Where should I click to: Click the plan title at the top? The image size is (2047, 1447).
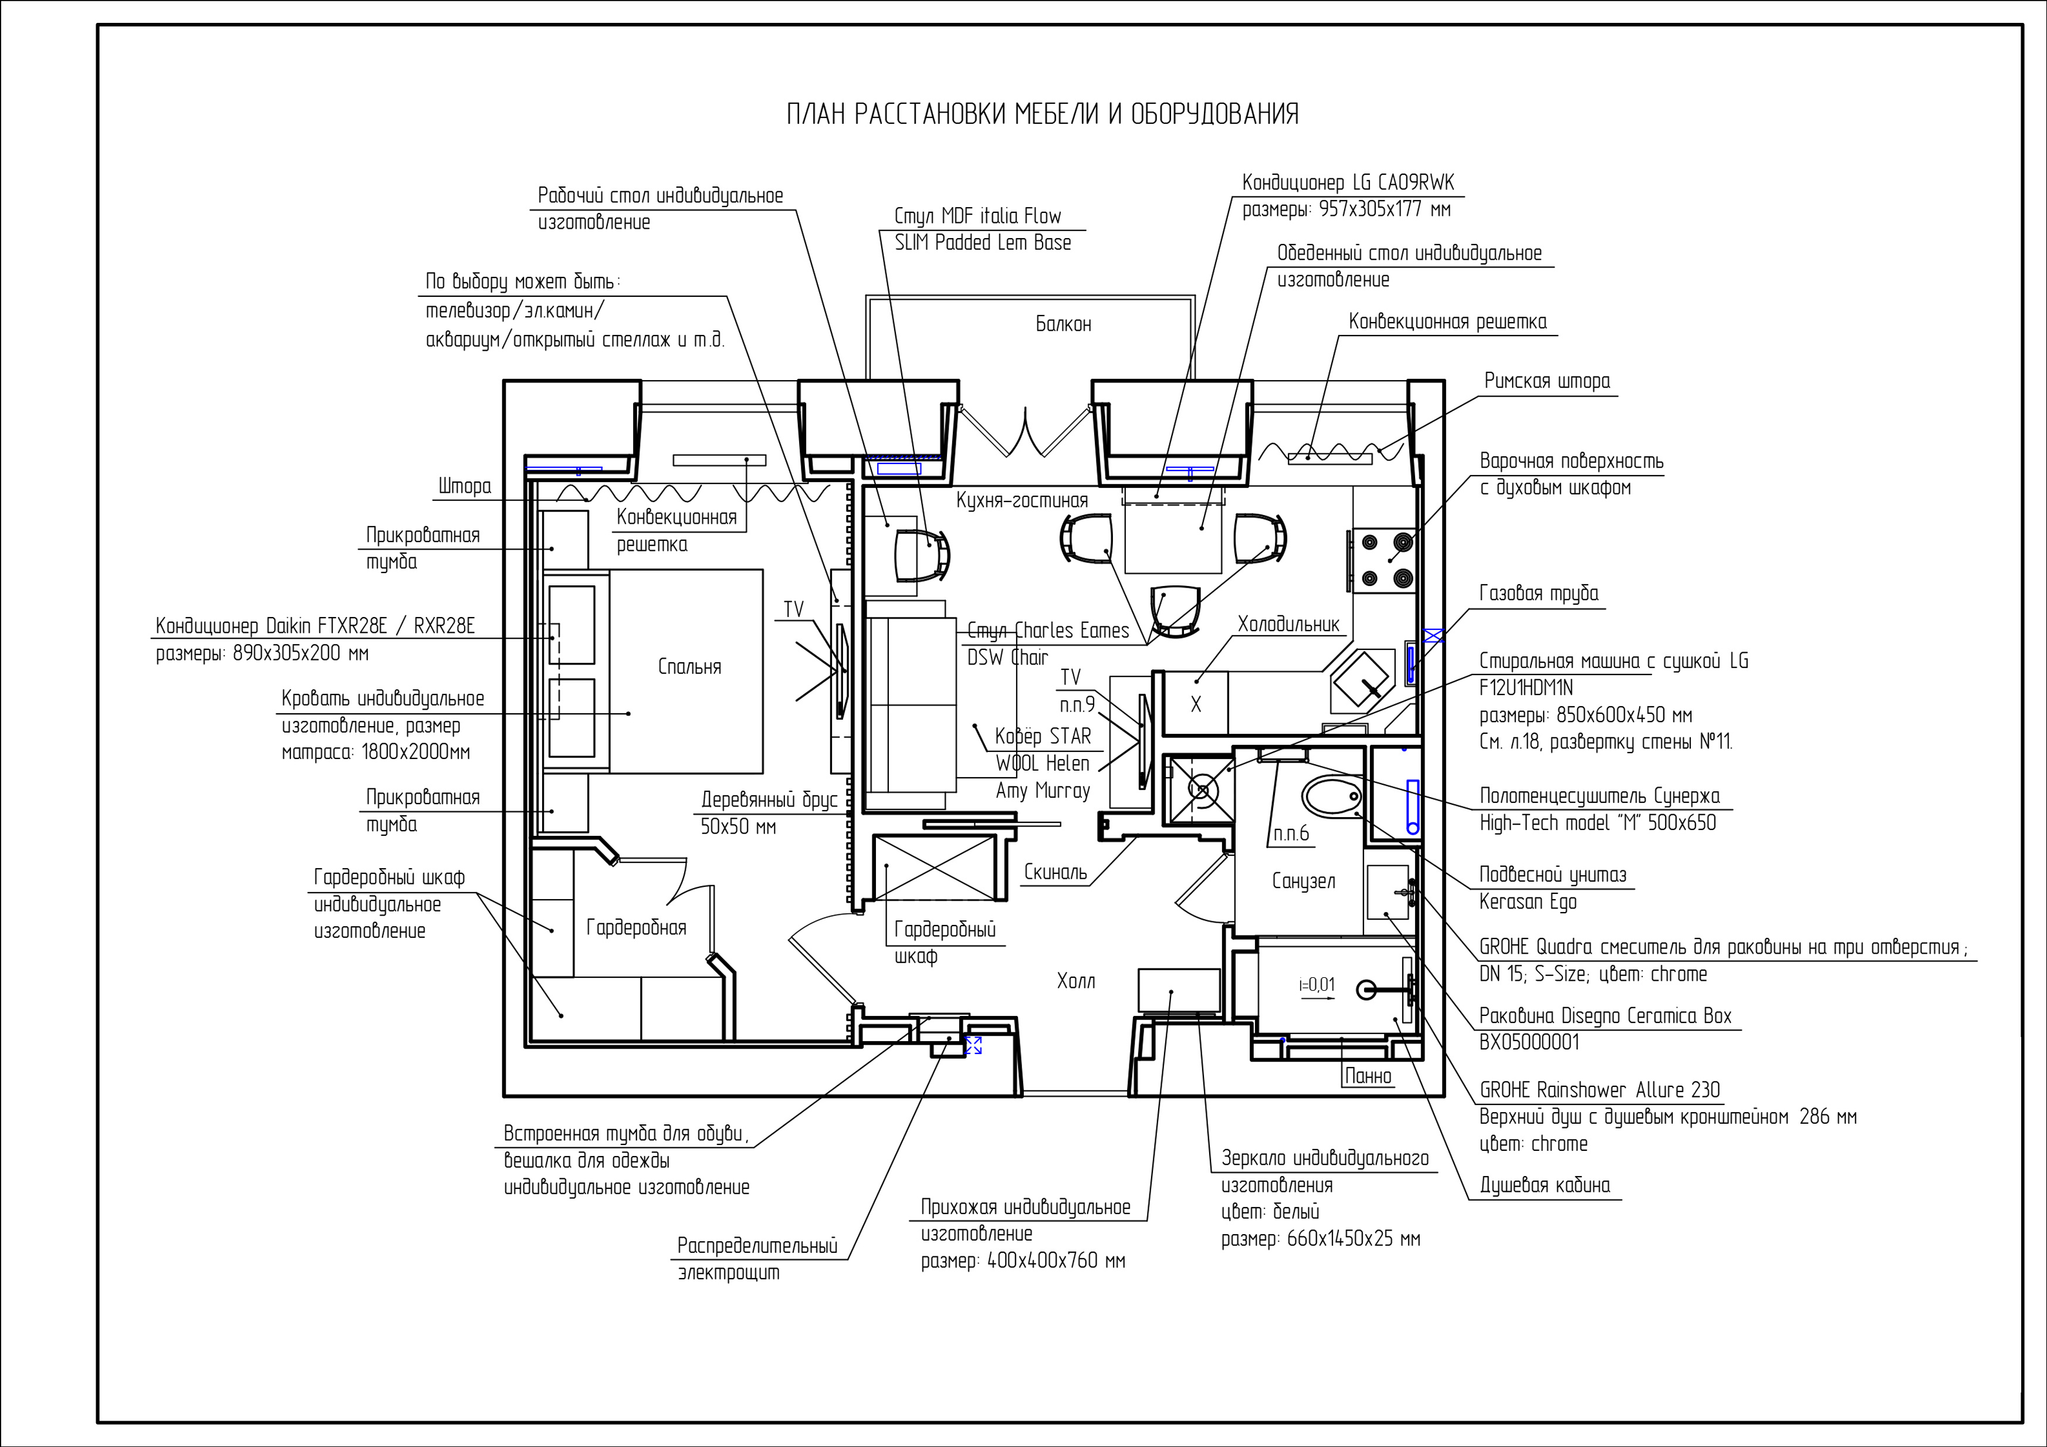point(1042,114)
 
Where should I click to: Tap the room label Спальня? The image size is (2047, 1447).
point(689,667)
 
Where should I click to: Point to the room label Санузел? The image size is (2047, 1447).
point(1304,881)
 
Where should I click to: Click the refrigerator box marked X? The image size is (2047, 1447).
point(1196,703)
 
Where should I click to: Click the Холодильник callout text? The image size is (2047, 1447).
point(1288,624)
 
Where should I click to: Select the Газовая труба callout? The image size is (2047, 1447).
point(1539,594)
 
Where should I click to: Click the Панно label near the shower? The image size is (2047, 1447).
point(1368,1076)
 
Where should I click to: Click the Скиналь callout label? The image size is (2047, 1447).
point(1055,872)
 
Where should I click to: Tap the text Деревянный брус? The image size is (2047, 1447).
point(769,799)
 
